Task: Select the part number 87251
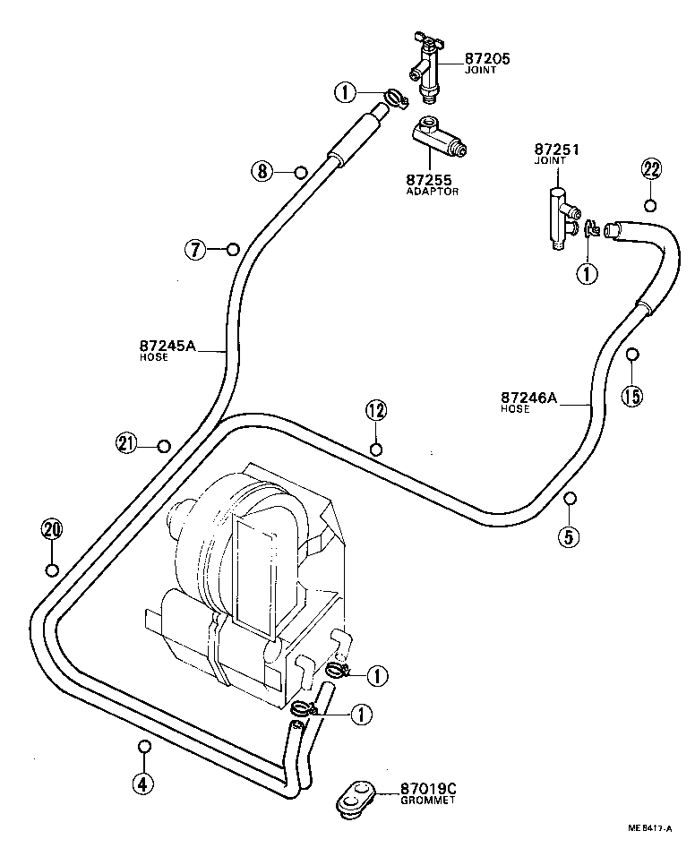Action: tap(557, 150)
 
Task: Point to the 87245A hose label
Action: tap(167, 346)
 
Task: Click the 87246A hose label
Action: tap(528, 397)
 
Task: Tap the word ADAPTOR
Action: tap(432, 192)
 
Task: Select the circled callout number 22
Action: tap(651, 169)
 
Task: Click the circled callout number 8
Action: tap(261, 172)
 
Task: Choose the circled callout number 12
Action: tap(375, 411)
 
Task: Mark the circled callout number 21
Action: tap(126, 442)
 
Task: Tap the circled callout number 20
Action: tap(52, 529)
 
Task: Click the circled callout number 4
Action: tap(142, 784)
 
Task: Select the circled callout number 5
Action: tap(570, 536)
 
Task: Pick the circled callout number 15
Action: tap(632, 395)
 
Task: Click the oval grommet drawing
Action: tap(354, 797)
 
